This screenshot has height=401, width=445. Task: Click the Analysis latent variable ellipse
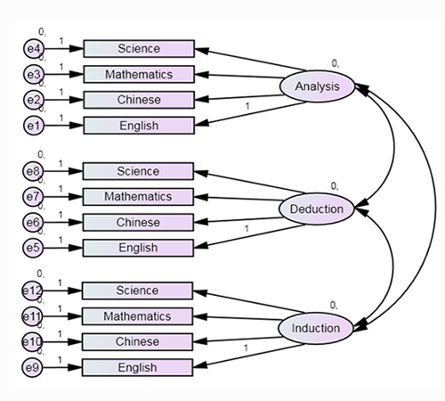(x=317, y=86)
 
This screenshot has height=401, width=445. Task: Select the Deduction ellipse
(x=316, y=209)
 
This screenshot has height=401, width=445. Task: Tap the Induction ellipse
(x=316, y=328)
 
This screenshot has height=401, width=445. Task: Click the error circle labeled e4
(x=34, y=49)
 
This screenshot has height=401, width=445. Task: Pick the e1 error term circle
(x=34, y=126)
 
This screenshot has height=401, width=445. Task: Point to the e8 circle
(x=33, y=171)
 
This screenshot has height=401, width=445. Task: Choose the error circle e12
(x=32, y=291)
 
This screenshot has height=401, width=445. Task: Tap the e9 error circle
(x=32, y=367)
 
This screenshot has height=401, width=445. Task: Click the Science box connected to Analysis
(x=139, y=49)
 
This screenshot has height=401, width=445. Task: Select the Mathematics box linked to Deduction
(x=138, y=197)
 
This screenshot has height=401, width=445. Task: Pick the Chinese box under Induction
(x=137, y=342)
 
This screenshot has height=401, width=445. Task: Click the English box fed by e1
(x=139, y=126)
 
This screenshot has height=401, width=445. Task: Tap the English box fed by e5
(x=138, y=248)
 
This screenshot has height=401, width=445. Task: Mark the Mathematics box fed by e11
(x=137, y=316)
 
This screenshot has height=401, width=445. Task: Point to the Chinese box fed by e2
(x=139, y=100)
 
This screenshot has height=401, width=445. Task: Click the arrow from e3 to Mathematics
(x=64, y=74)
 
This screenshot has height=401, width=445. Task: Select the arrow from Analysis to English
(x=251, y=113)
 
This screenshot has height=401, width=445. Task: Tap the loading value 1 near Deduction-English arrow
(x=247, y=229)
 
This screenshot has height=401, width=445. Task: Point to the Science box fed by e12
(x=137, y=291)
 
